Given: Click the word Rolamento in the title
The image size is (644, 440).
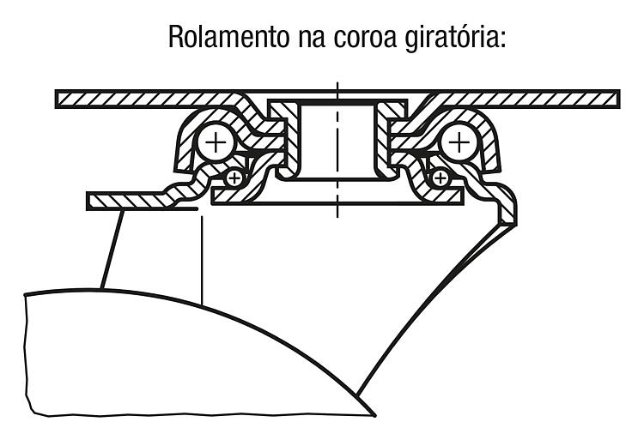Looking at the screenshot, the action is click(x=228, y=37).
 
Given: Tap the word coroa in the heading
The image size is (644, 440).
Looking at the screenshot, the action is click(x=365, y=38).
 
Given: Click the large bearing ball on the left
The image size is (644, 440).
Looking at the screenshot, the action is click(x=216, y=142).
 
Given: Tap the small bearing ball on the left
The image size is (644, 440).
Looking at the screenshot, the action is click(x=234, y=178).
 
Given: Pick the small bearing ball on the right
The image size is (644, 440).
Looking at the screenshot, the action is click(x=440, y=178).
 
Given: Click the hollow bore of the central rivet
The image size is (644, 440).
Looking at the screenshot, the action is click(x=337, y=142).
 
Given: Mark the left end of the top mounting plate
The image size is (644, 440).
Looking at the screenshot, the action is click(x=57, y=99).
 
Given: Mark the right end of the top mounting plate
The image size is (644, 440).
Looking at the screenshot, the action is click(x=618, y=99).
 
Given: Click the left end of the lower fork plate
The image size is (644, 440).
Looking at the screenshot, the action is click(x=88, y=201).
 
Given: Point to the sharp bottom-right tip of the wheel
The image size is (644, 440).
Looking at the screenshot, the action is click(x=374, y=416).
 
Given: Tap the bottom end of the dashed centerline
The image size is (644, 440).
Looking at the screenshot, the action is click(x=337, y=216).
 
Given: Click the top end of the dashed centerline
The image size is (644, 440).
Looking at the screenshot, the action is click(x=337, y=83).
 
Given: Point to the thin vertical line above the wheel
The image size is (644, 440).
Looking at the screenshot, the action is click(x=202, y=261).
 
